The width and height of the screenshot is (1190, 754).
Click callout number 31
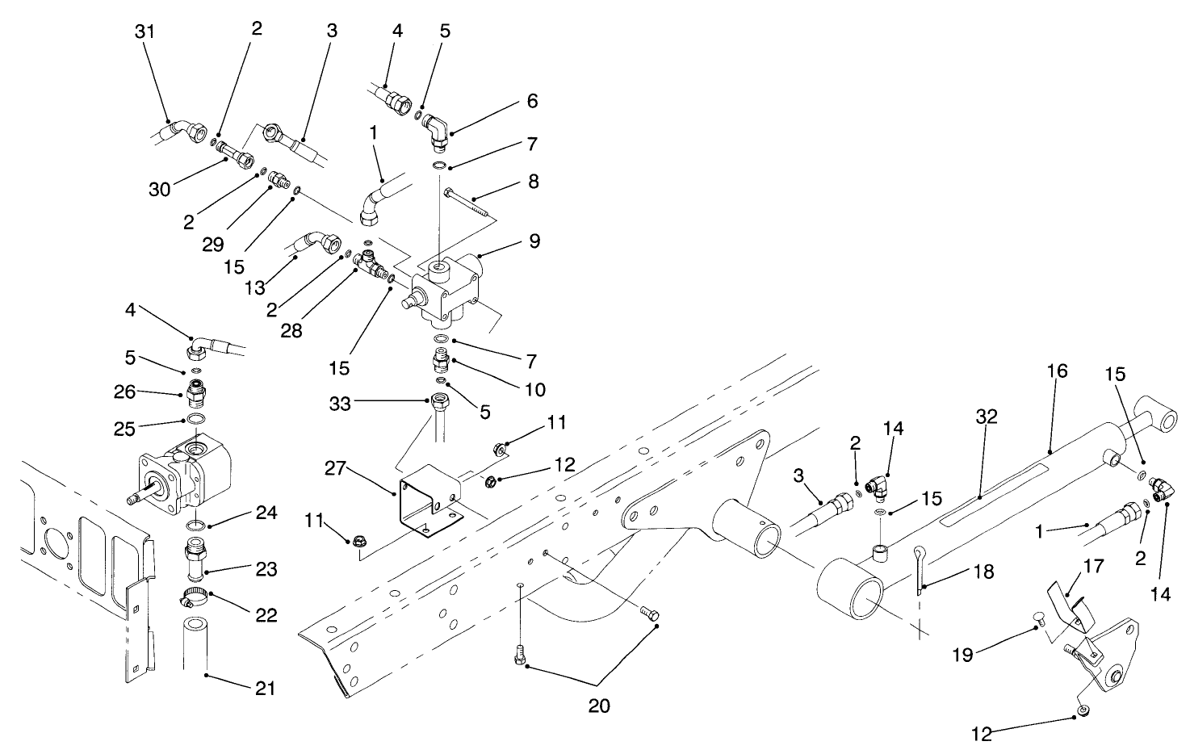[x=145, y=31]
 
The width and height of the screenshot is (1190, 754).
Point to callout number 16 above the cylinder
[x=1058, y=371]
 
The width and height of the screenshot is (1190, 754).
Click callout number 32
[x=987, y=417]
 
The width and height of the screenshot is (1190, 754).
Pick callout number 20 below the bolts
[x=599, y=706]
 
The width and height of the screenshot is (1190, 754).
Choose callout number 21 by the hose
[x=264, y=688]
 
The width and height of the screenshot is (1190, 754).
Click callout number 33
[x=340, y=403]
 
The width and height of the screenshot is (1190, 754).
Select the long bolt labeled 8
[x=467, y=200]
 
